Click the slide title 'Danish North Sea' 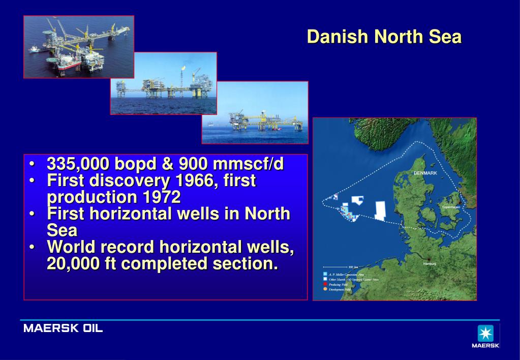tap(384, 37)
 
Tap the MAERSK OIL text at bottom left tap(63, 328)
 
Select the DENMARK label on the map tap(425, 173)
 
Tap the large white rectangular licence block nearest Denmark tap(380, 211)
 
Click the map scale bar tap(336, 267)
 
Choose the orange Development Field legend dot tap(325, 289)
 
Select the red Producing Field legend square tap(325, 285)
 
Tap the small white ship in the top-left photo tap(34, 49)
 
